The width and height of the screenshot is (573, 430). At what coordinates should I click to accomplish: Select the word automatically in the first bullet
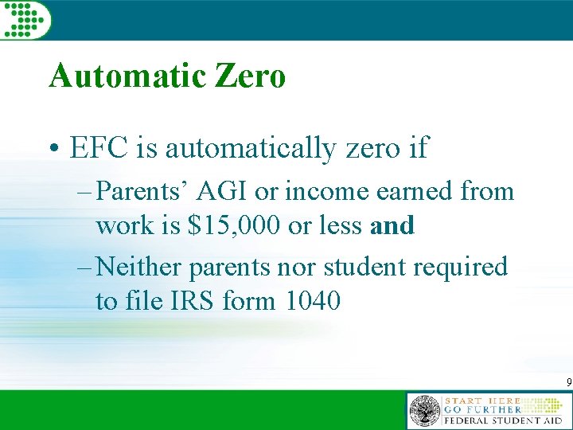(244, 149)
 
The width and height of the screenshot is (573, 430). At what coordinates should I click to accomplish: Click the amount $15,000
(235, 226)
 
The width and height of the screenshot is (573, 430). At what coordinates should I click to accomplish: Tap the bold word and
(392, 226)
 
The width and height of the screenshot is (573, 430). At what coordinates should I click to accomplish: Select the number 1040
(313, 302)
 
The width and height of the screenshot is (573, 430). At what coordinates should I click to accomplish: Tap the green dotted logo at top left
(25, 18)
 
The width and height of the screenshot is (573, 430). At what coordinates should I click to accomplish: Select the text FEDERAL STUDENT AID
(503, 420)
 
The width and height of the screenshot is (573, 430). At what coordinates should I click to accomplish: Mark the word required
(462, 268)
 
